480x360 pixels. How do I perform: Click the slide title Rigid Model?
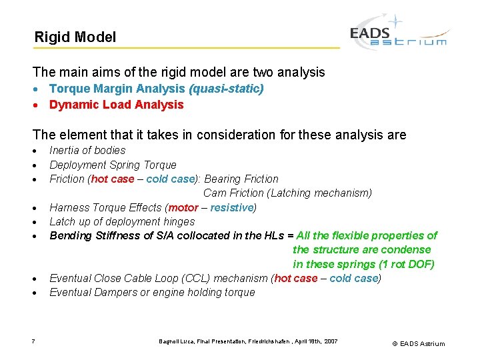pos(75,37)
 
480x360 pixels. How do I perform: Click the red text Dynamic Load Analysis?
pos(116,105)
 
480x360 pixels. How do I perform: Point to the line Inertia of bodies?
pos(87,151)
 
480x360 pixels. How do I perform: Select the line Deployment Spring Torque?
pos(113,165)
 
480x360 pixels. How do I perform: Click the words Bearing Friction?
pos(241,179)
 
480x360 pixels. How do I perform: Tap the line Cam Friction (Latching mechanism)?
pos(287,193)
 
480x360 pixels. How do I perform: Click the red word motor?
pos(183,207)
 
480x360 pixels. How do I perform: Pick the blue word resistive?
pos(231,207)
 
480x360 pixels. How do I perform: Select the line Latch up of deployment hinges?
pos(122,221)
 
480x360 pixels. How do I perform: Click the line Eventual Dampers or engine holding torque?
pos(152,292)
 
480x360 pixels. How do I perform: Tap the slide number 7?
pos(33,342)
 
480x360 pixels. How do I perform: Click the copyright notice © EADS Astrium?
pos(418,343)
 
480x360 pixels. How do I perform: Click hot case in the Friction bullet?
pos(112,179)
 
